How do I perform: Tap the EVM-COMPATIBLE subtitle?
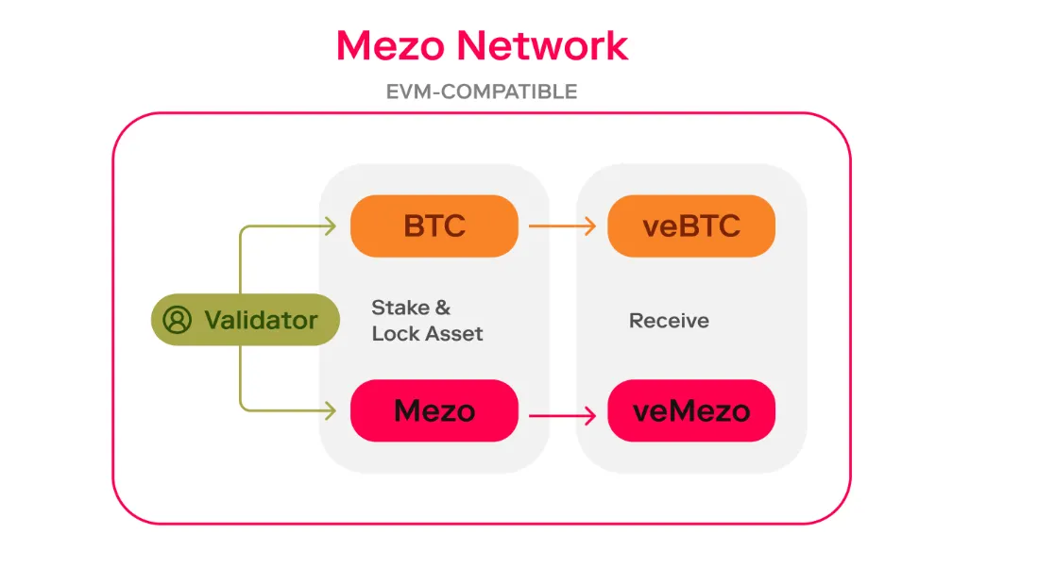tap(482, 92)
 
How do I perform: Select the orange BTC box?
tap(434, 226)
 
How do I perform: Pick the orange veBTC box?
tap(691, 226)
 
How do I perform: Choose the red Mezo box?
tap(434, 410)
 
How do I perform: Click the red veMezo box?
tap(691, 410)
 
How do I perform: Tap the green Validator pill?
tap(245, 320)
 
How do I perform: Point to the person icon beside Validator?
tap(177, 320)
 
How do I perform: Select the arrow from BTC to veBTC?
tap(561, 226)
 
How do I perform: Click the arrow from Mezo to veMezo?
tap(561, 413)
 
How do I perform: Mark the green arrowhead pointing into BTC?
tap(330, 226)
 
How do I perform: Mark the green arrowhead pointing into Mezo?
tap(330, 410)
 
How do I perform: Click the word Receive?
tap(669, 321)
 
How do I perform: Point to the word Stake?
tap(400, 308)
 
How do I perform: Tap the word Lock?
tap(394, 333)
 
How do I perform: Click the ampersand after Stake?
tap(442, 308)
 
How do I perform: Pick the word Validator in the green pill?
tap(261, 320)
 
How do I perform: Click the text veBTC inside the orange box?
tap(691, 226)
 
